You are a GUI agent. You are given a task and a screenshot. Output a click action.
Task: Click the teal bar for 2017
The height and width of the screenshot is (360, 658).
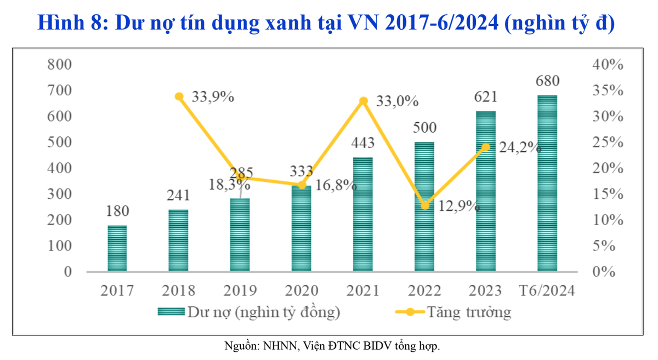click(x=117, y=249)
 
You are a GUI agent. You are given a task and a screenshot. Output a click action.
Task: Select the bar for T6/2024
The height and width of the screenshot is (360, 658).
click(x=547, y=184)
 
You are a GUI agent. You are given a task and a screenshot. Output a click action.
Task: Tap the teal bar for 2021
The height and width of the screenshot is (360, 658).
click(x=363, y=214)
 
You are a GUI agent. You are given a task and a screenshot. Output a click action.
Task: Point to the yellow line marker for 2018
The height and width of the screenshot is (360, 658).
click(x=179, y=96)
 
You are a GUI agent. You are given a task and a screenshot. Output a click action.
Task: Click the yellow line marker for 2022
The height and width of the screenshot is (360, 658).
click(x=424, y=205)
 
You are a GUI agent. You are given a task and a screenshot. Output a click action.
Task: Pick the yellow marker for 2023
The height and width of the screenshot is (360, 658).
click(x=486, y=147)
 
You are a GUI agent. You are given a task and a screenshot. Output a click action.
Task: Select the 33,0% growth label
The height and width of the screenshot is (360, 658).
click(x=397, y=101)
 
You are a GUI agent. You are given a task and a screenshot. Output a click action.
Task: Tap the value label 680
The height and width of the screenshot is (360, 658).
click(x=547, y=82)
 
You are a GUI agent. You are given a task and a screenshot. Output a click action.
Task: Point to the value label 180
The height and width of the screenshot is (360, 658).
click(x=117, y=211)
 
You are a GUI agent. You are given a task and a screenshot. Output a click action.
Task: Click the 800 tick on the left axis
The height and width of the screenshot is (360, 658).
click(x=60, y=65)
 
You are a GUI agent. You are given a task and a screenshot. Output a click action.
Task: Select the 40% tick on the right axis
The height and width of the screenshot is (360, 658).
click(x=608, y=65)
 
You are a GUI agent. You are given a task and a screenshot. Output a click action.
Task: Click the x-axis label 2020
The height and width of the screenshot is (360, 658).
click(x=301, y=290)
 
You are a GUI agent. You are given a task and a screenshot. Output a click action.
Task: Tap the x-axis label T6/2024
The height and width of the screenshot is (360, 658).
click(x=547, y=290)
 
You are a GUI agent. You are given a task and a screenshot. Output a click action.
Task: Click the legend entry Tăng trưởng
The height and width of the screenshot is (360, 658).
click(x=469, y=312)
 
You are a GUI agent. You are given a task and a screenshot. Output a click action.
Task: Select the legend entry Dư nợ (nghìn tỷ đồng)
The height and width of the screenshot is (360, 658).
click(x=264, y=312)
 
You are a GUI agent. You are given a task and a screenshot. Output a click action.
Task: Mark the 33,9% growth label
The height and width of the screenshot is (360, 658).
click(x=213, y=98)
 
